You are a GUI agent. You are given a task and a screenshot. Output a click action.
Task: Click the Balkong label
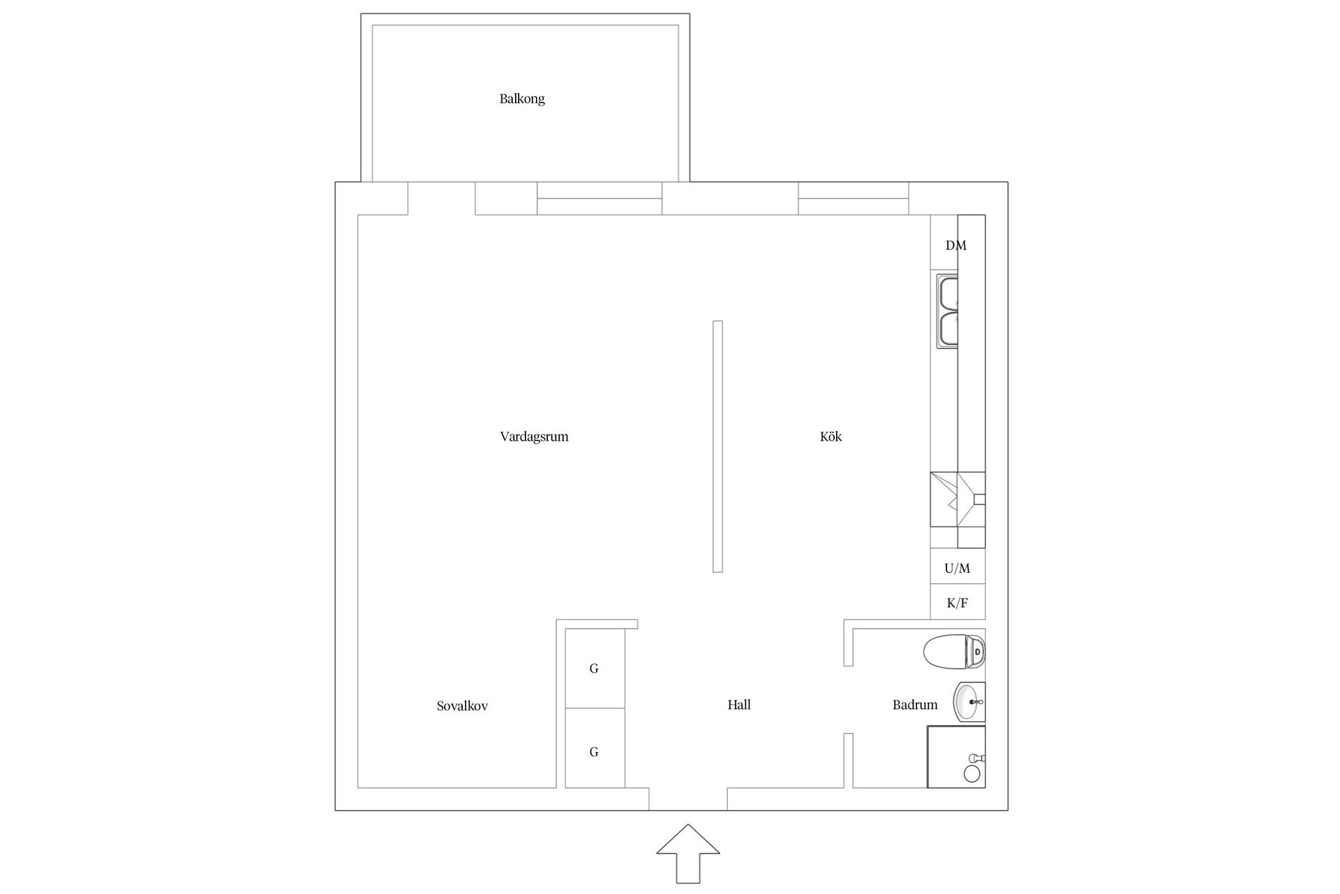[x=522, y=99]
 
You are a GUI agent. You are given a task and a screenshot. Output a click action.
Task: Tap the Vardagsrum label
[x=534, y=437]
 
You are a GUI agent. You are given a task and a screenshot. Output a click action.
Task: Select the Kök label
[x=831, y=437]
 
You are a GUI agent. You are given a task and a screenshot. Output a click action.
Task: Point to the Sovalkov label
[x=462, y=706]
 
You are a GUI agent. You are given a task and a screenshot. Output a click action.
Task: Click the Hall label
[x=739, y=705]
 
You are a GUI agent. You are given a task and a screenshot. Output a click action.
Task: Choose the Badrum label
[x=914, y=705]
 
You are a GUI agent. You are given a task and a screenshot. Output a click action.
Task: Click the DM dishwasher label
[x=956, y=246]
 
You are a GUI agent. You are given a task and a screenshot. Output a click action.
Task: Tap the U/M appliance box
[x=958, y=567]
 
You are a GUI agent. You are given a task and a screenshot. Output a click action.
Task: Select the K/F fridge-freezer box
[x=958, y=602]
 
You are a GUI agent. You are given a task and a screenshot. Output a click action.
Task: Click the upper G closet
[x=595, y=668]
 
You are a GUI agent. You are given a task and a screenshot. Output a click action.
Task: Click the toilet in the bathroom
[x=954, y=652]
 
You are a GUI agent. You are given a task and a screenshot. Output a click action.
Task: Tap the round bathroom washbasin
[x=969, y=702]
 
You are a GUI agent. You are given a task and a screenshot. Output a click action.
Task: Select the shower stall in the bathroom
[x=956, y=757]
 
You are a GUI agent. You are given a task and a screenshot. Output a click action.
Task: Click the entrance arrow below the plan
[x=688, y=853]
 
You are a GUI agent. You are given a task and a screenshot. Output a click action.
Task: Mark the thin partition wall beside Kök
[x=717, y=446]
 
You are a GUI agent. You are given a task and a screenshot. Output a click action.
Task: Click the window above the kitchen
[x=854, y=198]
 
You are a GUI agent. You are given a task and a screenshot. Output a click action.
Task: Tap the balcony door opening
[x=441, y=198]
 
